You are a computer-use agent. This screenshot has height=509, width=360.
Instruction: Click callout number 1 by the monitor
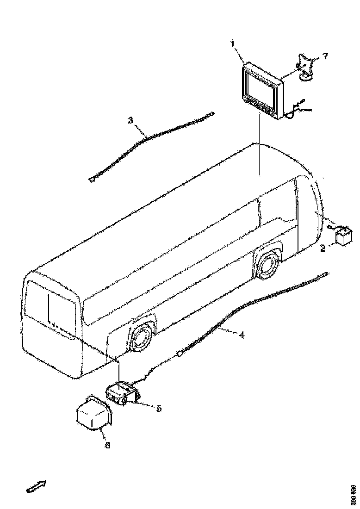pyautogui.click(x=233, y=44)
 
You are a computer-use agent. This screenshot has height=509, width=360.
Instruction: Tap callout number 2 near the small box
pyautogui.click(x=322, y=249)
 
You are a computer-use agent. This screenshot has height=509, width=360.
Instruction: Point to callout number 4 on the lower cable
pyautogui.click(x=242, y=335)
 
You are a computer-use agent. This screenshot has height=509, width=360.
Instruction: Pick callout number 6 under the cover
pyautogui.click(x=107, y=445)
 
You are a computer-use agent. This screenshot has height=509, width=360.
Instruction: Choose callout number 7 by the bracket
pyautogui.click(x=325, y=56)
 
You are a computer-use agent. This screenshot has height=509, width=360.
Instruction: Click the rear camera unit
pyautogui.click(x=123, y=393)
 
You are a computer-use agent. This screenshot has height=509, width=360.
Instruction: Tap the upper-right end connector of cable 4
pyautogui.click(x=326, y=274)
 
